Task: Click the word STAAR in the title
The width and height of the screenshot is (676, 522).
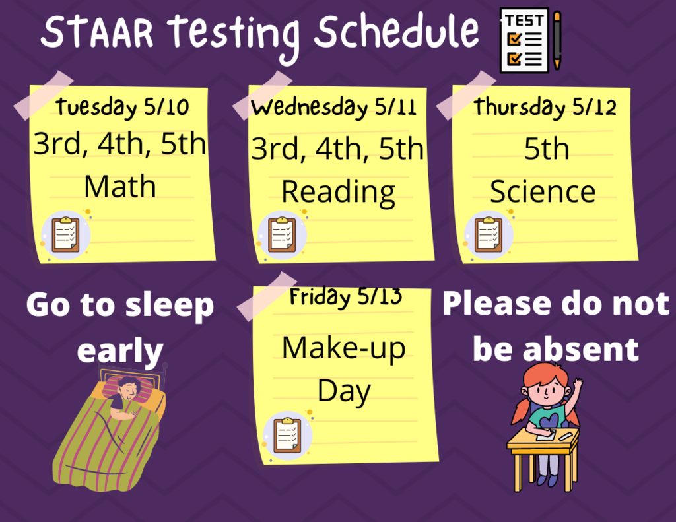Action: (x=97, y=32)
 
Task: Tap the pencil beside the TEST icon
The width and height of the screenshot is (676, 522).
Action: (x=557, y=40)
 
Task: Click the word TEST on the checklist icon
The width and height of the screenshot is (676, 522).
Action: (x=524, y=20)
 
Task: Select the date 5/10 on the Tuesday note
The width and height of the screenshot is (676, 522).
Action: (x=166, y=106)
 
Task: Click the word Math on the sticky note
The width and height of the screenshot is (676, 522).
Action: (x=120, y=187)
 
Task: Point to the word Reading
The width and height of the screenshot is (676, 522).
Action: (x=339, y=193)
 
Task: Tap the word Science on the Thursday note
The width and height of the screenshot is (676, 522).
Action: (x=543, y=191)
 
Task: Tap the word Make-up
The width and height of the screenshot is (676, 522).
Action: (x=343, y=349)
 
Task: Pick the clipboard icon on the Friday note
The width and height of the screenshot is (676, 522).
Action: (x=287, y=435)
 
